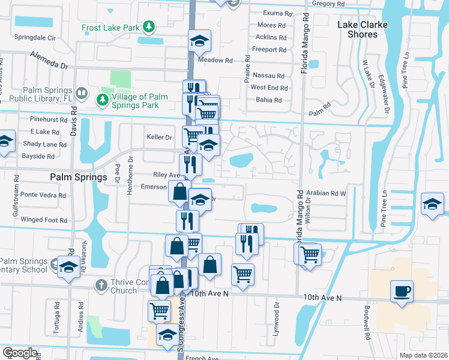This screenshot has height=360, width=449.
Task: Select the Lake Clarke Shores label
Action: click(362, 29)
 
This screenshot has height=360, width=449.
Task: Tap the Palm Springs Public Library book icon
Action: click(84, 95)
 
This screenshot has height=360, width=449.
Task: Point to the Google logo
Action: click(20, 353)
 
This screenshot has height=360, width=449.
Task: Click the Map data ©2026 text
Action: click(423, 354)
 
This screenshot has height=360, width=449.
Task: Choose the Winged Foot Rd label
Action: click(44, 220)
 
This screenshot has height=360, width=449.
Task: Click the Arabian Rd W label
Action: click(327, 193)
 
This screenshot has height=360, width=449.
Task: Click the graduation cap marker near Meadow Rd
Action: click(199, 41)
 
